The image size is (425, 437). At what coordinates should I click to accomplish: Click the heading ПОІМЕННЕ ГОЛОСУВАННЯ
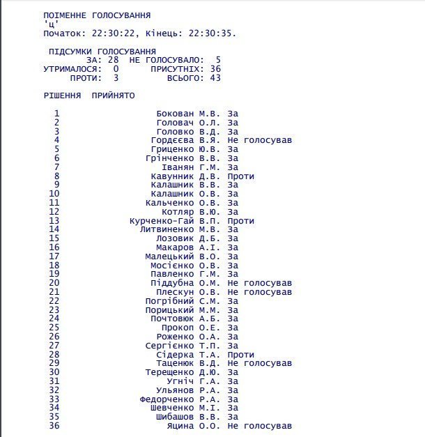(x=96, y=15)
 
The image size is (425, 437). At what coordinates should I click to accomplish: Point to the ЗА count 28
(x=114, y=60)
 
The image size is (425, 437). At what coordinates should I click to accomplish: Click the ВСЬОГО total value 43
(x=215, y=78)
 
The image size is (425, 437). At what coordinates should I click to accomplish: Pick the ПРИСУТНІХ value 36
(x=215, y=69)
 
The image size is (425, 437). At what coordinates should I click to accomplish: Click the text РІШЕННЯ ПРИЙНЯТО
(x=89, y=95)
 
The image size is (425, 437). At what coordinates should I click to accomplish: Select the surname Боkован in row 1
(x=176, y=114)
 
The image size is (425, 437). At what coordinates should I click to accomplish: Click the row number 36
(x=54, y=426)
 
